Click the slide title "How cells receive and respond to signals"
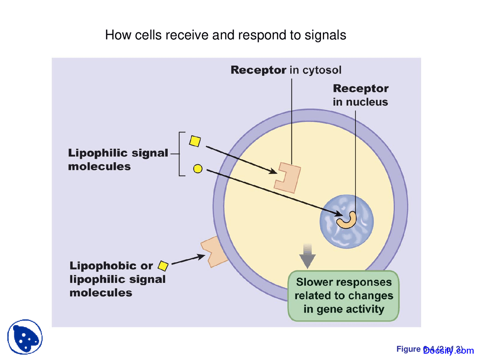(225, 35)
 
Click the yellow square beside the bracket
(195, 141)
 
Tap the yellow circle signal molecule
(198, 169)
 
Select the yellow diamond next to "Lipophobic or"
(163, 266)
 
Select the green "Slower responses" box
(343, 296)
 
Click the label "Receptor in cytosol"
(286, 70)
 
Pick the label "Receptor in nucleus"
(360, 95)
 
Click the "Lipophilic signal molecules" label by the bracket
(118, 159)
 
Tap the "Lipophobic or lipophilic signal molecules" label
(117, 279)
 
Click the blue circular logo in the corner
(25, 337)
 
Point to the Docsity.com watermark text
(448, 351)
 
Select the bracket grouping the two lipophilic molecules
(181, 154)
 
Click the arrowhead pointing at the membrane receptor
(201, 256)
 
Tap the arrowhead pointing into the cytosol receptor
(273, 171)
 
